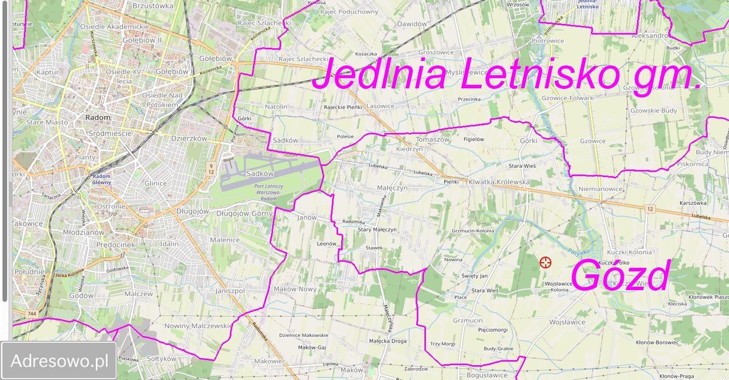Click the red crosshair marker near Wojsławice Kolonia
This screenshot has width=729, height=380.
coord(546,262)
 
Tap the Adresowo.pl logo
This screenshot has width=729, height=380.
coord(59,361)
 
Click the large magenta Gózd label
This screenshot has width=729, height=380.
coord(620,276)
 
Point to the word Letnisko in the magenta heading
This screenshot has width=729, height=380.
coord(540,75)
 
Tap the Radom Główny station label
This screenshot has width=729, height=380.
coord(102,180)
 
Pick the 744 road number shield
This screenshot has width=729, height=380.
coord(32,313)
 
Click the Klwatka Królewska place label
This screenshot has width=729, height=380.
coord(499,182)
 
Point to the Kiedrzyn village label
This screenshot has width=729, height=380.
coord(409,149)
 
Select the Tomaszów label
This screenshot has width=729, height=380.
coord(433,139)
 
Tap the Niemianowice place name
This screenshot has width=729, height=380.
coord(600,188)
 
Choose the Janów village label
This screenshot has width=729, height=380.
coord(306,217)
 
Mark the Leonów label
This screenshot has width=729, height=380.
coord(326,243)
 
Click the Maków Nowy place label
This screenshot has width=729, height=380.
coord(295,290)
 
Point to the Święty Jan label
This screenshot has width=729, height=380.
coord(474,276)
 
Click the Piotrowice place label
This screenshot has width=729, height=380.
coord(547,41)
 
